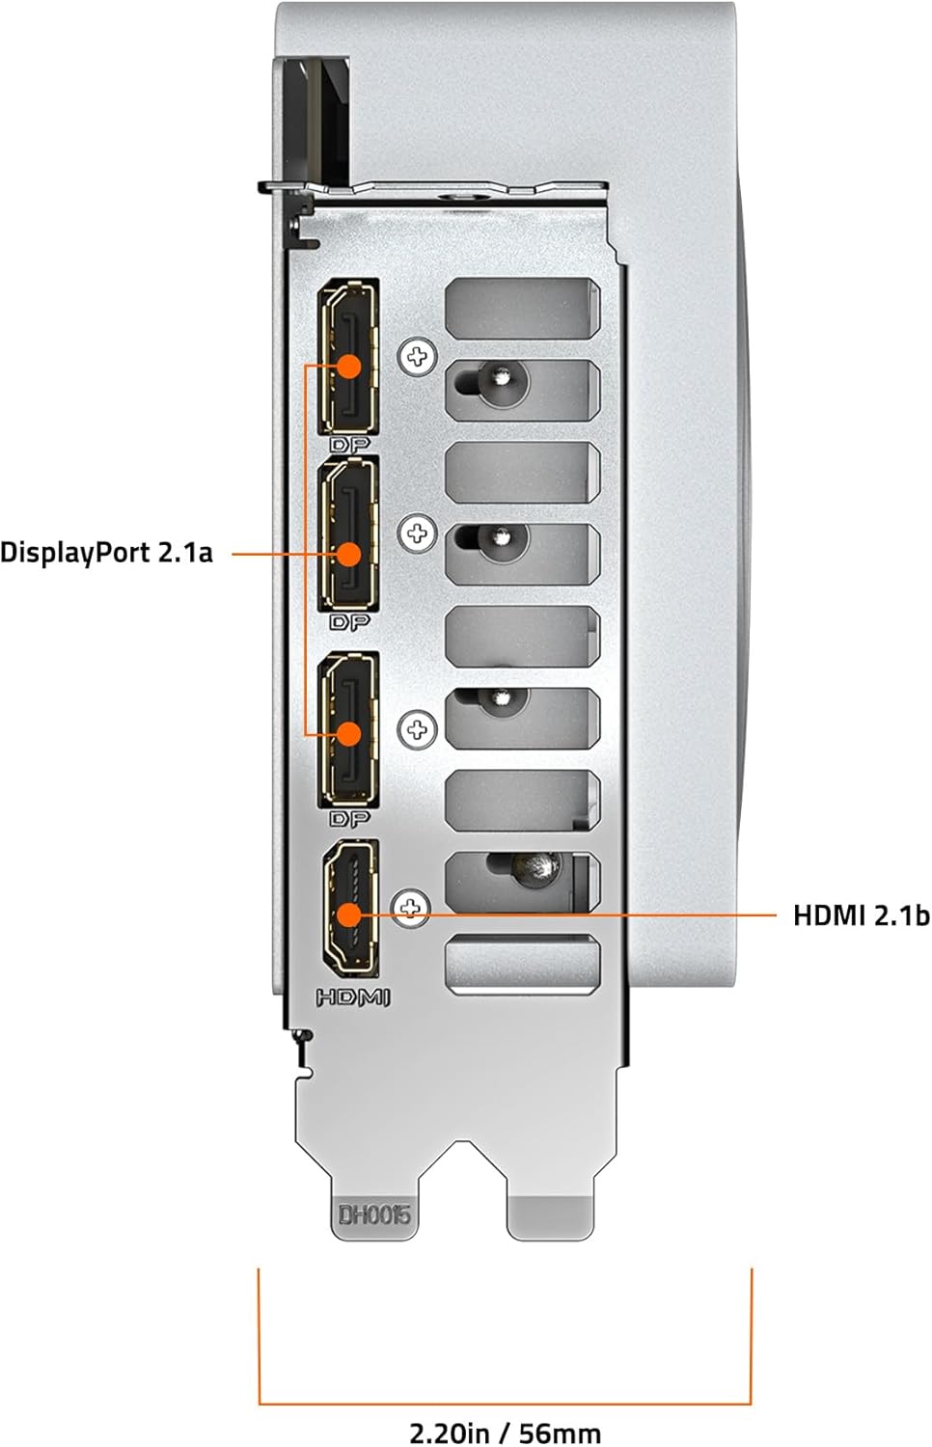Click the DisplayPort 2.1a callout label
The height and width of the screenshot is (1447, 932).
coord(106,554)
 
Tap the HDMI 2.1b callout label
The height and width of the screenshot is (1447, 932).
coord(861,915)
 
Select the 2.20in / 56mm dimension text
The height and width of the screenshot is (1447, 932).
coord(506,1433)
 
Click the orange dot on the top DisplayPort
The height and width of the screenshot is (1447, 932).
coord(348,367)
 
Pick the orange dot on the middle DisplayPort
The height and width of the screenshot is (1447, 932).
coord(348,555)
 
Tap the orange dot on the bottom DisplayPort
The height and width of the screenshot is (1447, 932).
coord(348,734)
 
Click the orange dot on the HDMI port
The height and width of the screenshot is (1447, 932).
coord(348,915)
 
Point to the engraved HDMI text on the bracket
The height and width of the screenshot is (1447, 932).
coord(353,998)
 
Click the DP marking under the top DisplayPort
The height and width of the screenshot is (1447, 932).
coord(349,445)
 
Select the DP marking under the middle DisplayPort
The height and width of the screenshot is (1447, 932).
coord(349,622)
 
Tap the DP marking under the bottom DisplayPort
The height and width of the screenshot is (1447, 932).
coord(349,819)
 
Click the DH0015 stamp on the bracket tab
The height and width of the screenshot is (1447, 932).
coord(374,1215)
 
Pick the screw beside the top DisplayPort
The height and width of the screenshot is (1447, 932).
coord(417,356)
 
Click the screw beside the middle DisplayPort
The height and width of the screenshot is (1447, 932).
coord(417,533)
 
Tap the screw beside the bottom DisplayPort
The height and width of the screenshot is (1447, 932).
coord(417,730)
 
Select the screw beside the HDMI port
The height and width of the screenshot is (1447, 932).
coord(411,909)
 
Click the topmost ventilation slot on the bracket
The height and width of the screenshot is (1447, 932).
coord(522,308)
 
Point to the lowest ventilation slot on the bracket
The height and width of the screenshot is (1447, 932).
coord(522,963)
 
